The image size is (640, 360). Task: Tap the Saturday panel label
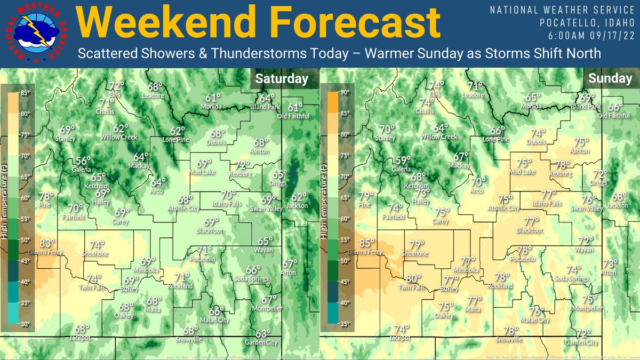click(x=282, y=79)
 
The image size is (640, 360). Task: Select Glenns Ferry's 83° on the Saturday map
click(x=49, y=243)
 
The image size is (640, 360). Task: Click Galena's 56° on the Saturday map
click(x=83, y=161)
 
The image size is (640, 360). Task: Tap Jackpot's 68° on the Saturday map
click(x=82, y=329)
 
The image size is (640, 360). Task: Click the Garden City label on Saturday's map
click(x=261, y=342)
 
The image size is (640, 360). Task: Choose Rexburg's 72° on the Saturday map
click(x=243, y=165)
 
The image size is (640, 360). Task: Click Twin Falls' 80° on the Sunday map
click(x=413, y=278)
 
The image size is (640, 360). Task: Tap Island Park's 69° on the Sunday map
click(x=587, y=98)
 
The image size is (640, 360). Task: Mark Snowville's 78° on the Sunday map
click(x=511, y=330)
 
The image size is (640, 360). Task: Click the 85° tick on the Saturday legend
click(x=25, y=93)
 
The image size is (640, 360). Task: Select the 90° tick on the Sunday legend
click(x=346, y=93)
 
